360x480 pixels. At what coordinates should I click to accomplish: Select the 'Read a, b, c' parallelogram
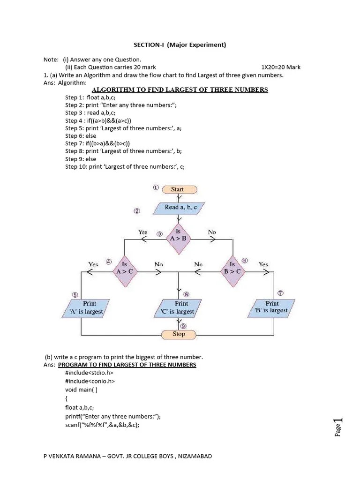tap(178, 207)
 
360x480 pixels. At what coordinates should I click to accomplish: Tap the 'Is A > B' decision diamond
tap(178, 235)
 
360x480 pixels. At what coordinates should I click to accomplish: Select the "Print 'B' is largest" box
tap(272, 307)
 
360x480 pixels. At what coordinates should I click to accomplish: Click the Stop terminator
tap(179, 334)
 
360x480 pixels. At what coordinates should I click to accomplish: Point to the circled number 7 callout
tap(281, 293)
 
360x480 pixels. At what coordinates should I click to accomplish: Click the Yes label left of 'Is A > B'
tap(142, 232)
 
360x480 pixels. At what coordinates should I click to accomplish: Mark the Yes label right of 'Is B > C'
tap(263, 264)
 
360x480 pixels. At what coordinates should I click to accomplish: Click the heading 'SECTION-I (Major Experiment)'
tap(180, 45)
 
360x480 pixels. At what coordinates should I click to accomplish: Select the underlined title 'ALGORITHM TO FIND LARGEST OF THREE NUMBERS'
tap(180, 90)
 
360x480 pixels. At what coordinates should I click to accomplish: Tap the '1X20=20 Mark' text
tap(281, 67)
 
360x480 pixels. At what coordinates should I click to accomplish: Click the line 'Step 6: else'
tap(81, 135)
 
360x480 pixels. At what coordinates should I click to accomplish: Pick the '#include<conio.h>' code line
tap(90, 381)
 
